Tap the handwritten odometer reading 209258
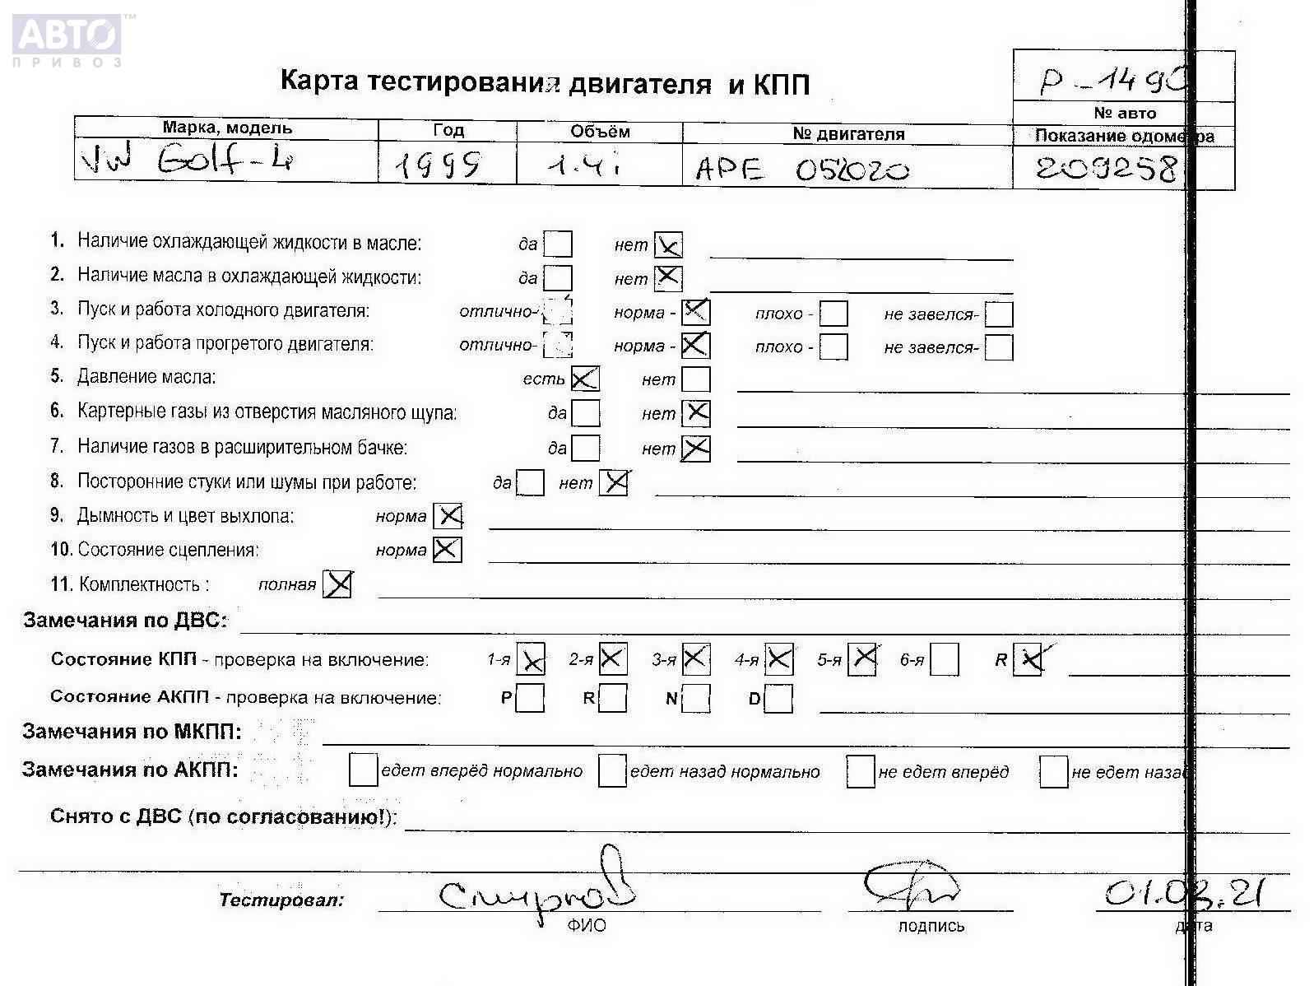[1107, 169]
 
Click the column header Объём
[600, 132]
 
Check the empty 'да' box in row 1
[558, 244]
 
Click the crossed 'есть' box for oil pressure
[585, 379]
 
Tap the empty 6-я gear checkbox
[945, 660]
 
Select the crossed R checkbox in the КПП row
[1028, 660]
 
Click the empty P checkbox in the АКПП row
[531, 699]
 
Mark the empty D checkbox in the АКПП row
[778, 700]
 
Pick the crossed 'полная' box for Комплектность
[337, 584]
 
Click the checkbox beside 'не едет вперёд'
[860, 771]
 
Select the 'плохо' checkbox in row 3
[833, 314]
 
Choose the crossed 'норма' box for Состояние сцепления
[447, 550]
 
